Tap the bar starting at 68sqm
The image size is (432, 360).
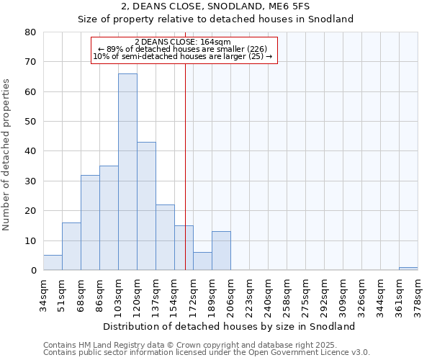(x=90, y=222)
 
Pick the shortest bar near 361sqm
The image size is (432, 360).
(x=408, y=269)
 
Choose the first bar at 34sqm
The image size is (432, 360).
(x=53, y=263)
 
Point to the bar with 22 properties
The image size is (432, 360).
(x=165, y=237)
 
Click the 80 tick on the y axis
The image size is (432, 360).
(x=30, y=32)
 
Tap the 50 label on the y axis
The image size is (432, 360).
(x=30, y=122)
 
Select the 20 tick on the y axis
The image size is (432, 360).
(x=30, y=211)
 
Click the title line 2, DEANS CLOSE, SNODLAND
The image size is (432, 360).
(x=216, y=6)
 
